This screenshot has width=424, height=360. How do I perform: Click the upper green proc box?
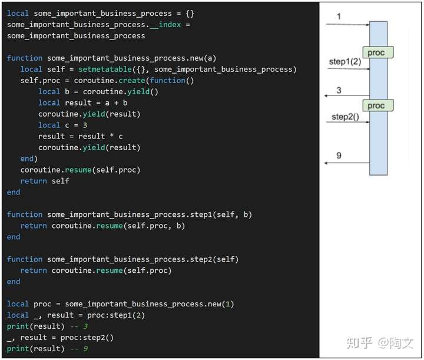point(377,52)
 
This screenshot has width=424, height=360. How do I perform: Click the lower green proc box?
point(377,106)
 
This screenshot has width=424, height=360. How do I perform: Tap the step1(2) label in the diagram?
point(344,61)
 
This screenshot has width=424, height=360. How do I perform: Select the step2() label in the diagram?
point(344,117)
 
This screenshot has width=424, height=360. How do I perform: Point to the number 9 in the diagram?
point(339,156)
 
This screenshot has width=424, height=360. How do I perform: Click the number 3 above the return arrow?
point(339,90)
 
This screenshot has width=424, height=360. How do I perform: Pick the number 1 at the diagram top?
point(339,16)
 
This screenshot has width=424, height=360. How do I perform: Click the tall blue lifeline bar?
point(378,141)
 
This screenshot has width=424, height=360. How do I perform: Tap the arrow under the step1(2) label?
point(347,69)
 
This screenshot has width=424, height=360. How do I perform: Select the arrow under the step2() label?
point(347,123)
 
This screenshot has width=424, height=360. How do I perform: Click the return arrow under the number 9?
point(347,163)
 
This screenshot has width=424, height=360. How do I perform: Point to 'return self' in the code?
point(45,181)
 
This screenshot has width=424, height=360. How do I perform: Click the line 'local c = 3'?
point(63,125)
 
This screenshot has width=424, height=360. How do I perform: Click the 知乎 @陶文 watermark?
point(379,342)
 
